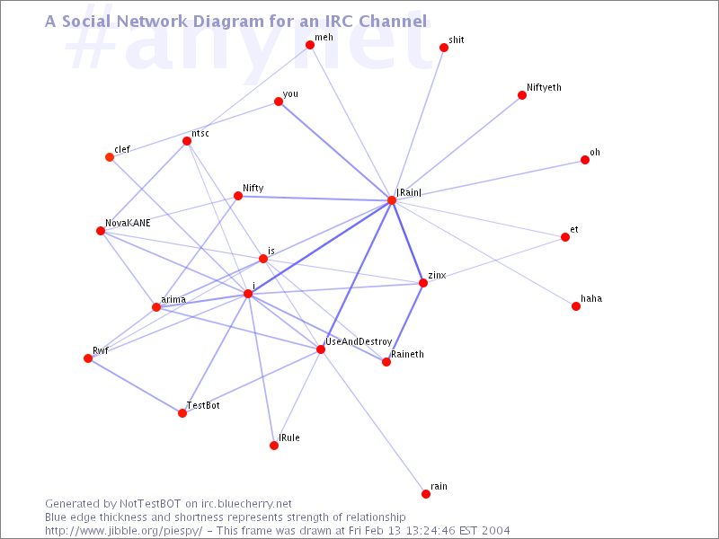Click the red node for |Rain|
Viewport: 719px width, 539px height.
[x=392, y=200]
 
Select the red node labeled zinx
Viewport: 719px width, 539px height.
[x=423, y=283]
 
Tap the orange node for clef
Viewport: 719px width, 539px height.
[x=110, y=157]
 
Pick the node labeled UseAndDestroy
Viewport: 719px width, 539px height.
[x=321, y=349]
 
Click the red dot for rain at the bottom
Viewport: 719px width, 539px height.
[x=426, y=493]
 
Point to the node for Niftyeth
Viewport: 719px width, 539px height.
[x=522, y=95]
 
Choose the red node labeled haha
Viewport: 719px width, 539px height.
[x=576, y=306]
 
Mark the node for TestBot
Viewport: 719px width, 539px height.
[x=182, y=413]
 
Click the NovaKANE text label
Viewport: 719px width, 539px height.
[x=128, y=223]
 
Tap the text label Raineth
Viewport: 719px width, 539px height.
[x=407, y=354]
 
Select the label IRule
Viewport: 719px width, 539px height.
[x=289, y=437]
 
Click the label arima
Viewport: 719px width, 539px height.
[x=173, y=300]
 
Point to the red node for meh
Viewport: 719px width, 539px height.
[x=310, y=45]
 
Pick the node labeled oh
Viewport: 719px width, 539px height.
[x=585, y=160]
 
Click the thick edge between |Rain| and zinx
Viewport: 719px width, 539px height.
[x=408, y=242]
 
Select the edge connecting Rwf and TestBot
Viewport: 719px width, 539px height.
[x=136, y=386]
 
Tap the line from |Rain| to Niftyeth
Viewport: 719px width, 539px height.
[x=457, y=148]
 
